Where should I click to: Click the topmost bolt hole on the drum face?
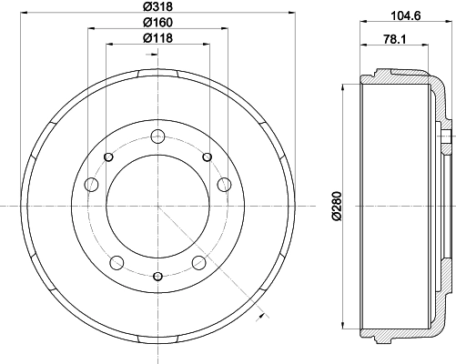(158, 137)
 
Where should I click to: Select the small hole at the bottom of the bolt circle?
(158, 276)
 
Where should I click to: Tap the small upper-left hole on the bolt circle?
(108, 157)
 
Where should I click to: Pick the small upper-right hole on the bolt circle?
(208, 157)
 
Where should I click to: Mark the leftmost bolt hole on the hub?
(90, 186)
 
